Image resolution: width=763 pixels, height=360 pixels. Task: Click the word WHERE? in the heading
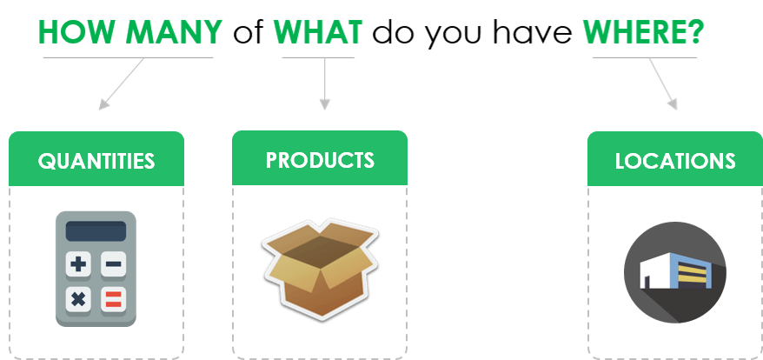coord(643,32)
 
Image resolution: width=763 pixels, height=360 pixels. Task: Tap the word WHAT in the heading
coord(318,32)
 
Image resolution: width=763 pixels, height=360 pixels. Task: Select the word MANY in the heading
coord(174,32)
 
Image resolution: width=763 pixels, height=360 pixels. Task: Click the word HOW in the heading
coord(78,32)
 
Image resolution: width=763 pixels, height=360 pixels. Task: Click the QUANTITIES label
coord(96,161)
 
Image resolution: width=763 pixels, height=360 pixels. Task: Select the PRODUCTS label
coord(320,160)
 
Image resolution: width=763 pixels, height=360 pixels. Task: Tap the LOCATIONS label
coord(675,161)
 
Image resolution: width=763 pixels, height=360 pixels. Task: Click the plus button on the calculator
coord(78,264)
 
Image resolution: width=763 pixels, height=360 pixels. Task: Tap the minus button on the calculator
coord(113,264)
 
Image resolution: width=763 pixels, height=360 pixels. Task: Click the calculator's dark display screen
coord(96,231)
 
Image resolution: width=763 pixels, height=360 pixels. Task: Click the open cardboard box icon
coord(320,270)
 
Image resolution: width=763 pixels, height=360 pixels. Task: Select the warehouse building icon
coord(675,272)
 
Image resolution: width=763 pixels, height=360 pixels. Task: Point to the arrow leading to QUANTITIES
coord(122,83)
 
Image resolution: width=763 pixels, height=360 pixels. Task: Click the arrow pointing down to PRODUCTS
coord(324,83)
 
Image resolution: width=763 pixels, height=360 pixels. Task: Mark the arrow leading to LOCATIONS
coord(663,83)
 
